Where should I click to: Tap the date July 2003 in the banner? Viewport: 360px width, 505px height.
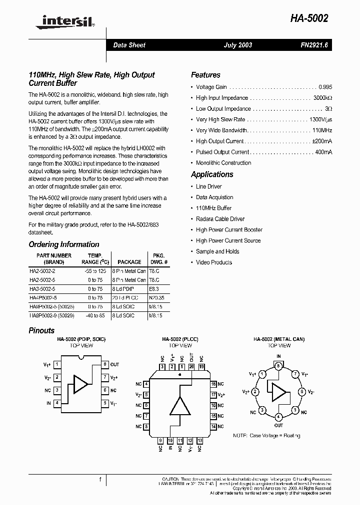point(237,45)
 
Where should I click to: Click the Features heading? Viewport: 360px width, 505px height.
point(205,75)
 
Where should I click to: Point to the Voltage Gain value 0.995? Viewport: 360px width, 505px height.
point(325,87)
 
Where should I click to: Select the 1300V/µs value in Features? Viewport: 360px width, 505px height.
point(320,120)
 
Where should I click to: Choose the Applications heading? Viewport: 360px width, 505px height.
point(212,175)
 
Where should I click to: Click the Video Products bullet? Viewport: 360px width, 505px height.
point(214,262)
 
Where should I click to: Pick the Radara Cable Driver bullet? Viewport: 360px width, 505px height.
point(220,219)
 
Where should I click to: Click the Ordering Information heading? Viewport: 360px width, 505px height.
point(64,245)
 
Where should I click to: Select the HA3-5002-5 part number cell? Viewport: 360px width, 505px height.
point(43,289)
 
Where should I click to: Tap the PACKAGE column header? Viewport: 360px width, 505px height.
point(129,262)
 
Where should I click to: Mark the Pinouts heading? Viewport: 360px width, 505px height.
point(41,331)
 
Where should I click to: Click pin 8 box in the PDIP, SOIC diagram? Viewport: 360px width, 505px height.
point(105,365)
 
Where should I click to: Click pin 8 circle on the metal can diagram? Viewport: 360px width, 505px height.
point(278,366)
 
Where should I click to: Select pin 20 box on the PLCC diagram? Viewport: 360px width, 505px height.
point(191,367)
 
